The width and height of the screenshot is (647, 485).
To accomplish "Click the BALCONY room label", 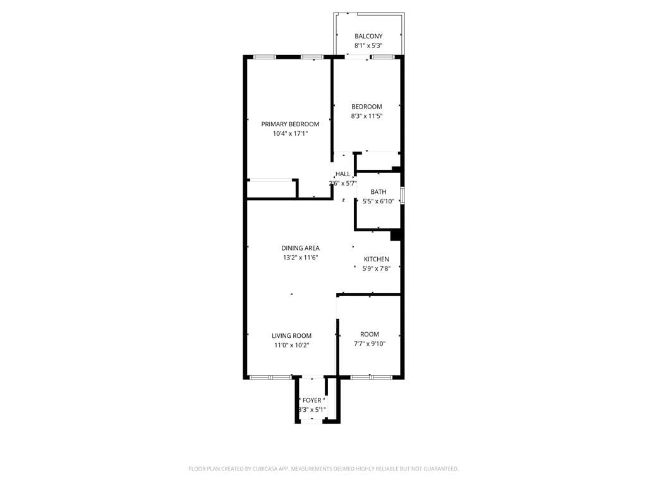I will (368, 37).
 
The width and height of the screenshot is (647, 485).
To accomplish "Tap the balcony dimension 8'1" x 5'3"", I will (368, 46).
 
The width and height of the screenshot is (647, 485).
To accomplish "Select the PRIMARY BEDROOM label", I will (290, 124).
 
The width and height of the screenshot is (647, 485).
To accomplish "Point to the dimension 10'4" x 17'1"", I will (290, 134).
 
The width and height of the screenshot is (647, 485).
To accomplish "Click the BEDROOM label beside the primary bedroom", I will (366, 107).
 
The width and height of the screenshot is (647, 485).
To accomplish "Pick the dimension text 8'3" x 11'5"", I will (366, 116).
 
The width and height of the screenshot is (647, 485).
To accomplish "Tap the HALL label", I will (342, 174).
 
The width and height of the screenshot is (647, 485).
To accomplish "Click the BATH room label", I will (378, 192).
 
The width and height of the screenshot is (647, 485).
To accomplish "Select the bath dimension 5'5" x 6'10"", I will (378, 201).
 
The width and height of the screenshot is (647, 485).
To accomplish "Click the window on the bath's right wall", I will (402, 195).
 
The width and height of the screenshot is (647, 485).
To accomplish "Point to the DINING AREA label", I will (300, 248).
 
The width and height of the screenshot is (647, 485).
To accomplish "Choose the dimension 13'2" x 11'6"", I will (300, 258).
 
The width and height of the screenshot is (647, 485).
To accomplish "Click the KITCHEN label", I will (376, 260).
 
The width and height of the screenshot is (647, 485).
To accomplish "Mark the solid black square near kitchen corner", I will (396, 236).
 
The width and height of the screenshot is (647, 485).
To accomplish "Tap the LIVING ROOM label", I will (291, 336).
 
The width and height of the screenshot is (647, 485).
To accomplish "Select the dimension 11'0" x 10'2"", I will (291, 345).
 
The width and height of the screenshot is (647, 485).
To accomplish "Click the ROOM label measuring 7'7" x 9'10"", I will (370, 335).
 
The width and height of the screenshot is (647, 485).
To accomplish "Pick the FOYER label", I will (312, 400).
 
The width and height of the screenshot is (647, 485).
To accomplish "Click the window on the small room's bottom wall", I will (371, 377).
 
